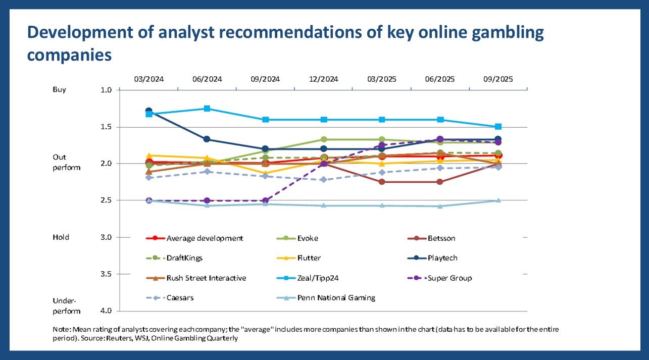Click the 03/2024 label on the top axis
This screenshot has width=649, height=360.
[x=149, y=79]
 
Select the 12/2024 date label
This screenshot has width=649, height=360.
[x=324, y=79]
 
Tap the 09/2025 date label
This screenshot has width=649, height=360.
[x=498, y=79]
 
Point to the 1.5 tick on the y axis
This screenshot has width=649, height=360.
[x=106, y=127]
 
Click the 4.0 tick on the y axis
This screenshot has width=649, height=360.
[x=106, y=311]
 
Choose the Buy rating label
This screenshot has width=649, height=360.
[x=60, y=89]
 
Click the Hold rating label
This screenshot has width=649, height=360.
[x=61, y=237]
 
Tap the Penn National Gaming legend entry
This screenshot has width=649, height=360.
[x=336, y=297]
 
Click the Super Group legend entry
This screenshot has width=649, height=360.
[x=450, y=278]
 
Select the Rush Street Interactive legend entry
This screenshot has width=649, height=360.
[x=206, y=278]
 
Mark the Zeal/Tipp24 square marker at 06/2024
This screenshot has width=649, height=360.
[x=207, y=109]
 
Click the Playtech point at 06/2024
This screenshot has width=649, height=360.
[x=207, y=139]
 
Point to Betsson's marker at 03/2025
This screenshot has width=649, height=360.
[x=382, y=182]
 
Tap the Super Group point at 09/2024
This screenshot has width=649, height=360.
[x=266, y=200]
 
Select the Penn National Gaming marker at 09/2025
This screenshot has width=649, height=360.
[x=498, y=200]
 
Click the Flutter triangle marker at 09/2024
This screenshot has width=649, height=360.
[x=266, y=173]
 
